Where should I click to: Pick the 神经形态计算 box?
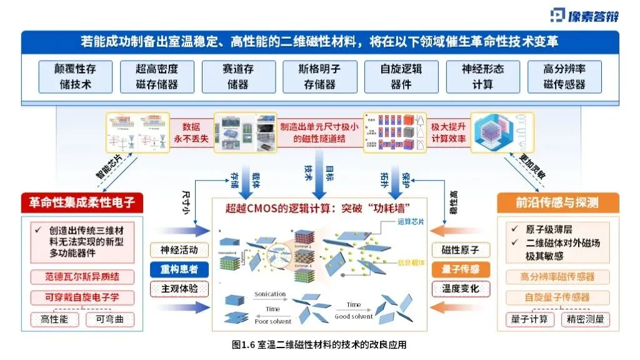click(x=482, y=76)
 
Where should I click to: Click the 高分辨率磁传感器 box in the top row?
click(x=564, y=76)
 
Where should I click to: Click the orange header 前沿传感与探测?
click(x=558, y=202)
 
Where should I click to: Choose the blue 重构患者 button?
click(x=179, y=270)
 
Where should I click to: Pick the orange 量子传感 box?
click(x=461, y=270)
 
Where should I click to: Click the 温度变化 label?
click(x=461, y=290)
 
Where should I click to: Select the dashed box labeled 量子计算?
click(x=529, y=320)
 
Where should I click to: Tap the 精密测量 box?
click(x=585, y=320)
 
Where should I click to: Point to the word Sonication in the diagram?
click(x=270, y=294)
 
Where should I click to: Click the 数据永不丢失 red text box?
click(x=194, y=132)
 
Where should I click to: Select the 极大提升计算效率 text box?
click(x=448, y=132)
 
